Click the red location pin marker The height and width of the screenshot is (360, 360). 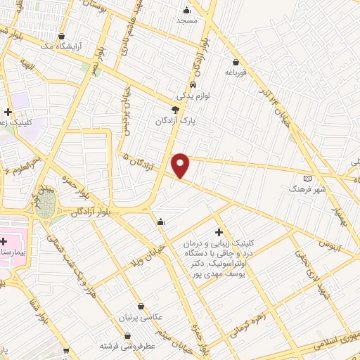(181, 165)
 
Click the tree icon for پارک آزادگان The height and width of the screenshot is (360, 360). (175, 109)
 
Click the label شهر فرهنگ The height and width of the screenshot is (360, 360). (306, 189)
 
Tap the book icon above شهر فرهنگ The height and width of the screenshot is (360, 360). (306, 178)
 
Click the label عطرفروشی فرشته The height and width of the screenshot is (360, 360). (127, 347)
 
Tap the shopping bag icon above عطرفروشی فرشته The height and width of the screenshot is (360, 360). (127, 335)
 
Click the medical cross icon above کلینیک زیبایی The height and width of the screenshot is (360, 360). (219, 231)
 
